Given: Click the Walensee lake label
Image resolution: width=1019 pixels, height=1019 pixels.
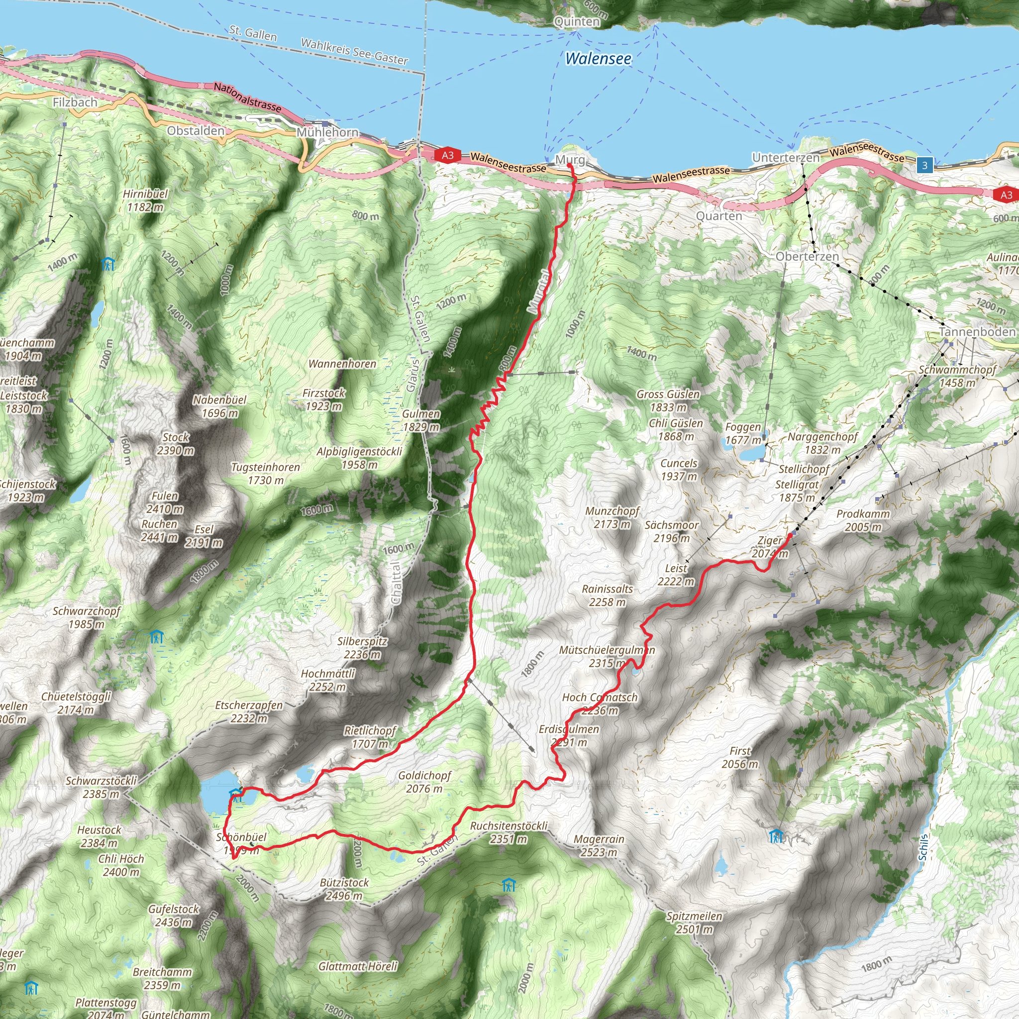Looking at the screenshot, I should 598,59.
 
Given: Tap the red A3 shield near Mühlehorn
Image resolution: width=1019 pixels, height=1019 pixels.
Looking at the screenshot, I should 447,155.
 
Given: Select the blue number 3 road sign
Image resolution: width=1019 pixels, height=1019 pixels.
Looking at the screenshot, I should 924,166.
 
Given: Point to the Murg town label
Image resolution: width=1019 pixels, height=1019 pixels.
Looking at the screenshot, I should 570,159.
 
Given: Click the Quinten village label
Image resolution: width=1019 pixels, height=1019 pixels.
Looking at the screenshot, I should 577,21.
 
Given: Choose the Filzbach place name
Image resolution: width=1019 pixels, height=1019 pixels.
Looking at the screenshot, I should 75,102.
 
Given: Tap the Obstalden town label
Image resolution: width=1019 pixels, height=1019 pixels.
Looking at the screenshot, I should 196,131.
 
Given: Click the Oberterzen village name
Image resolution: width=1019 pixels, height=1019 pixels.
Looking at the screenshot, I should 807,257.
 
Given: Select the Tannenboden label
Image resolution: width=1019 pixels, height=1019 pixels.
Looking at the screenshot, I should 977,332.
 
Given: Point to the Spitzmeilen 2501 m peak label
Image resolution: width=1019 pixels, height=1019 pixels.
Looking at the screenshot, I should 694,923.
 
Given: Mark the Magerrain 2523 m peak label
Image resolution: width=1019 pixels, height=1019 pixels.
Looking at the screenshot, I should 599,845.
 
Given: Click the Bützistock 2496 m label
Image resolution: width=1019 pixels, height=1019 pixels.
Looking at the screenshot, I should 344,889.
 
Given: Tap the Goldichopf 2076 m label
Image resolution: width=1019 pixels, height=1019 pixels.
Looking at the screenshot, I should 424,782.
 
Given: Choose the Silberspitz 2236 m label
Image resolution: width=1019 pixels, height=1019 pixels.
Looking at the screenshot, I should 362,648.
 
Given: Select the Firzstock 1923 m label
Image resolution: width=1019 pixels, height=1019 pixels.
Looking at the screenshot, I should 324,399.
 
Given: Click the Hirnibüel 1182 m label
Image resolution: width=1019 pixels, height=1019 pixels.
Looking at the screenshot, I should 145,201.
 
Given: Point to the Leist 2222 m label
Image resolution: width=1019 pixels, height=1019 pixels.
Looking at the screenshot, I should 676,575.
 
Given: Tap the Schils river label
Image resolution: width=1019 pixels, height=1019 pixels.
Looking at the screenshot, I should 923,847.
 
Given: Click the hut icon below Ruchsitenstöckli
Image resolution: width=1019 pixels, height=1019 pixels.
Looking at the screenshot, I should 509,885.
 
